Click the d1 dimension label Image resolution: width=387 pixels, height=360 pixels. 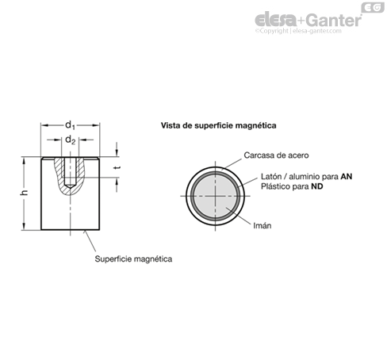(x=70, y=125)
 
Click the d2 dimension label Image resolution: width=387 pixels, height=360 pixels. (x=70, y=140)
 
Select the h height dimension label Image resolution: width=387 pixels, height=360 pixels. (x=24, y=193)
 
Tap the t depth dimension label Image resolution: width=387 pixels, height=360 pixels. (x=118, y=167)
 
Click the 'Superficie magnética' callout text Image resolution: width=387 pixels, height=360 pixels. (x=133, y=259)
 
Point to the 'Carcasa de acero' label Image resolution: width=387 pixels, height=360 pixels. (x=276, y=155)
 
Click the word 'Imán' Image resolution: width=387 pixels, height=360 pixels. (x=262, y=225)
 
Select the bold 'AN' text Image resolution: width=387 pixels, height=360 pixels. (x=347, y=176)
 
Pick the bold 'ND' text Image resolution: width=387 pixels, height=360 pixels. (x=317, y=186)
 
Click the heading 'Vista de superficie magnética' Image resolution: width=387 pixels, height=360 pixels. (x=219, y=125)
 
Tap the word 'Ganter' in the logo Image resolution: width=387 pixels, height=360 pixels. (x=335, y=20)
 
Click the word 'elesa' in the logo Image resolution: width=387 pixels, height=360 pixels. (x=275, y=19)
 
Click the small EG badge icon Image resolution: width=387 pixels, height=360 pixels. (x=373, y=7)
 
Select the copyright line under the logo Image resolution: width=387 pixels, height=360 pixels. (x=298, y=31)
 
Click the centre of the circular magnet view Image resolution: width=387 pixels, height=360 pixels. (x=215, y=196)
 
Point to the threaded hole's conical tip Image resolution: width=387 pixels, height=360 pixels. (x=70, y=186)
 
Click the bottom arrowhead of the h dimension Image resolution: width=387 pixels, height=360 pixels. (x=24, y=226)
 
